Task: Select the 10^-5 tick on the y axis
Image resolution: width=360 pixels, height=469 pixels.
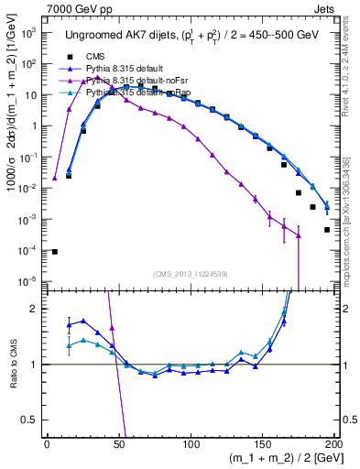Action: (x=28, y=281)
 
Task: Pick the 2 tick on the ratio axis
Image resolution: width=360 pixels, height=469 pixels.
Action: (x=35, y=309)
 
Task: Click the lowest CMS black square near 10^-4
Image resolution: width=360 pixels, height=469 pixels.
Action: (x=54, y=252)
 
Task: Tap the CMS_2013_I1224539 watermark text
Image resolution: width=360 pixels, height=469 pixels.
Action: (x=190, y=273)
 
